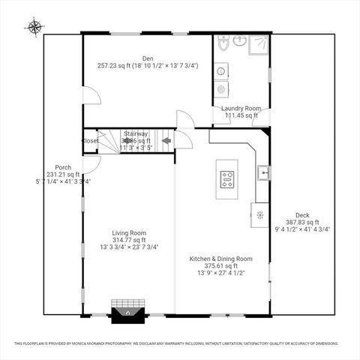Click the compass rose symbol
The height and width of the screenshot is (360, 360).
tap(34, 28)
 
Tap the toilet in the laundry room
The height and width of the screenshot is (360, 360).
tap(223, 45)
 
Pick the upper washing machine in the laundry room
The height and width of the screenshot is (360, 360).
tap(223, 71)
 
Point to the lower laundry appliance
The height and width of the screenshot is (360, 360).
tap(223, 89)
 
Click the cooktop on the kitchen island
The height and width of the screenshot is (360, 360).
tap(226, 179)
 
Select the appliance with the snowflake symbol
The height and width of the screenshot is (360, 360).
tap(259, 214)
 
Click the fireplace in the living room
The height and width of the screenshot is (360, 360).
tap(127, 313)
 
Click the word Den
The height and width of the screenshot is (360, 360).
tap(148, 58)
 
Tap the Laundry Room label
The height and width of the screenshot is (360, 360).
tap(240, 108)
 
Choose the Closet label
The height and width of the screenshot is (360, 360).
tap(90, 140)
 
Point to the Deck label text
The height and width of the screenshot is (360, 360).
tap(302, 214)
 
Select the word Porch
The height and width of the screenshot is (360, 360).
tap(63, 167)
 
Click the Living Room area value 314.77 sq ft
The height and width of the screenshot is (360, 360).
tap(129, 240)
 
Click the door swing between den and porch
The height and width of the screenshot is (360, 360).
tap(91, 96)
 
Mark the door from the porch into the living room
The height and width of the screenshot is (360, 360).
tap(90, 164)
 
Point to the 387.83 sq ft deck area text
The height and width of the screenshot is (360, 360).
tap(302, 222)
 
